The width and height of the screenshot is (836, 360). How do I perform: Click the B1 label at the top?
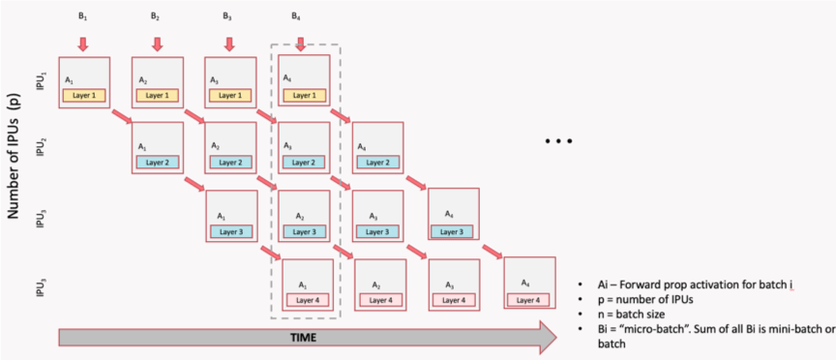click(x=82, y=15)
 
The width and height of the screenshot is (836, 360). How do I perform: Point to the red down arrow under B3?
click(x=228, y=44)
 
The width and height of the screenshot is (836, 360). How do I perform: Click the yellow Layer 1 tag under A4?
click(x=304, y=95)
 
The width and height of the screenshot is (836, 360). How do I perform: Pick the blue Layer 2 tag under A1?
click(x=158, y=162)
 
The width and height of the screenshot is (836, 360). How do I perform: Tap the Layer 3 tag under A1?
click(x=231, y=231)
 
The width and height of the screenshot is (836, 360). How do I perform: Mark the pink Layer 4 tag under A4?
click(x=529, y=300)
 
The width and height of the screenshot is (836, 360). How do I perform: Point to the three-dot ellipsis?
click(x=559, y=141)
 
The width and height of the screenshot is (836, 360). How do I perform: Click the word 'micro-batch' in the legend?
click(x=656, y=329)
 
